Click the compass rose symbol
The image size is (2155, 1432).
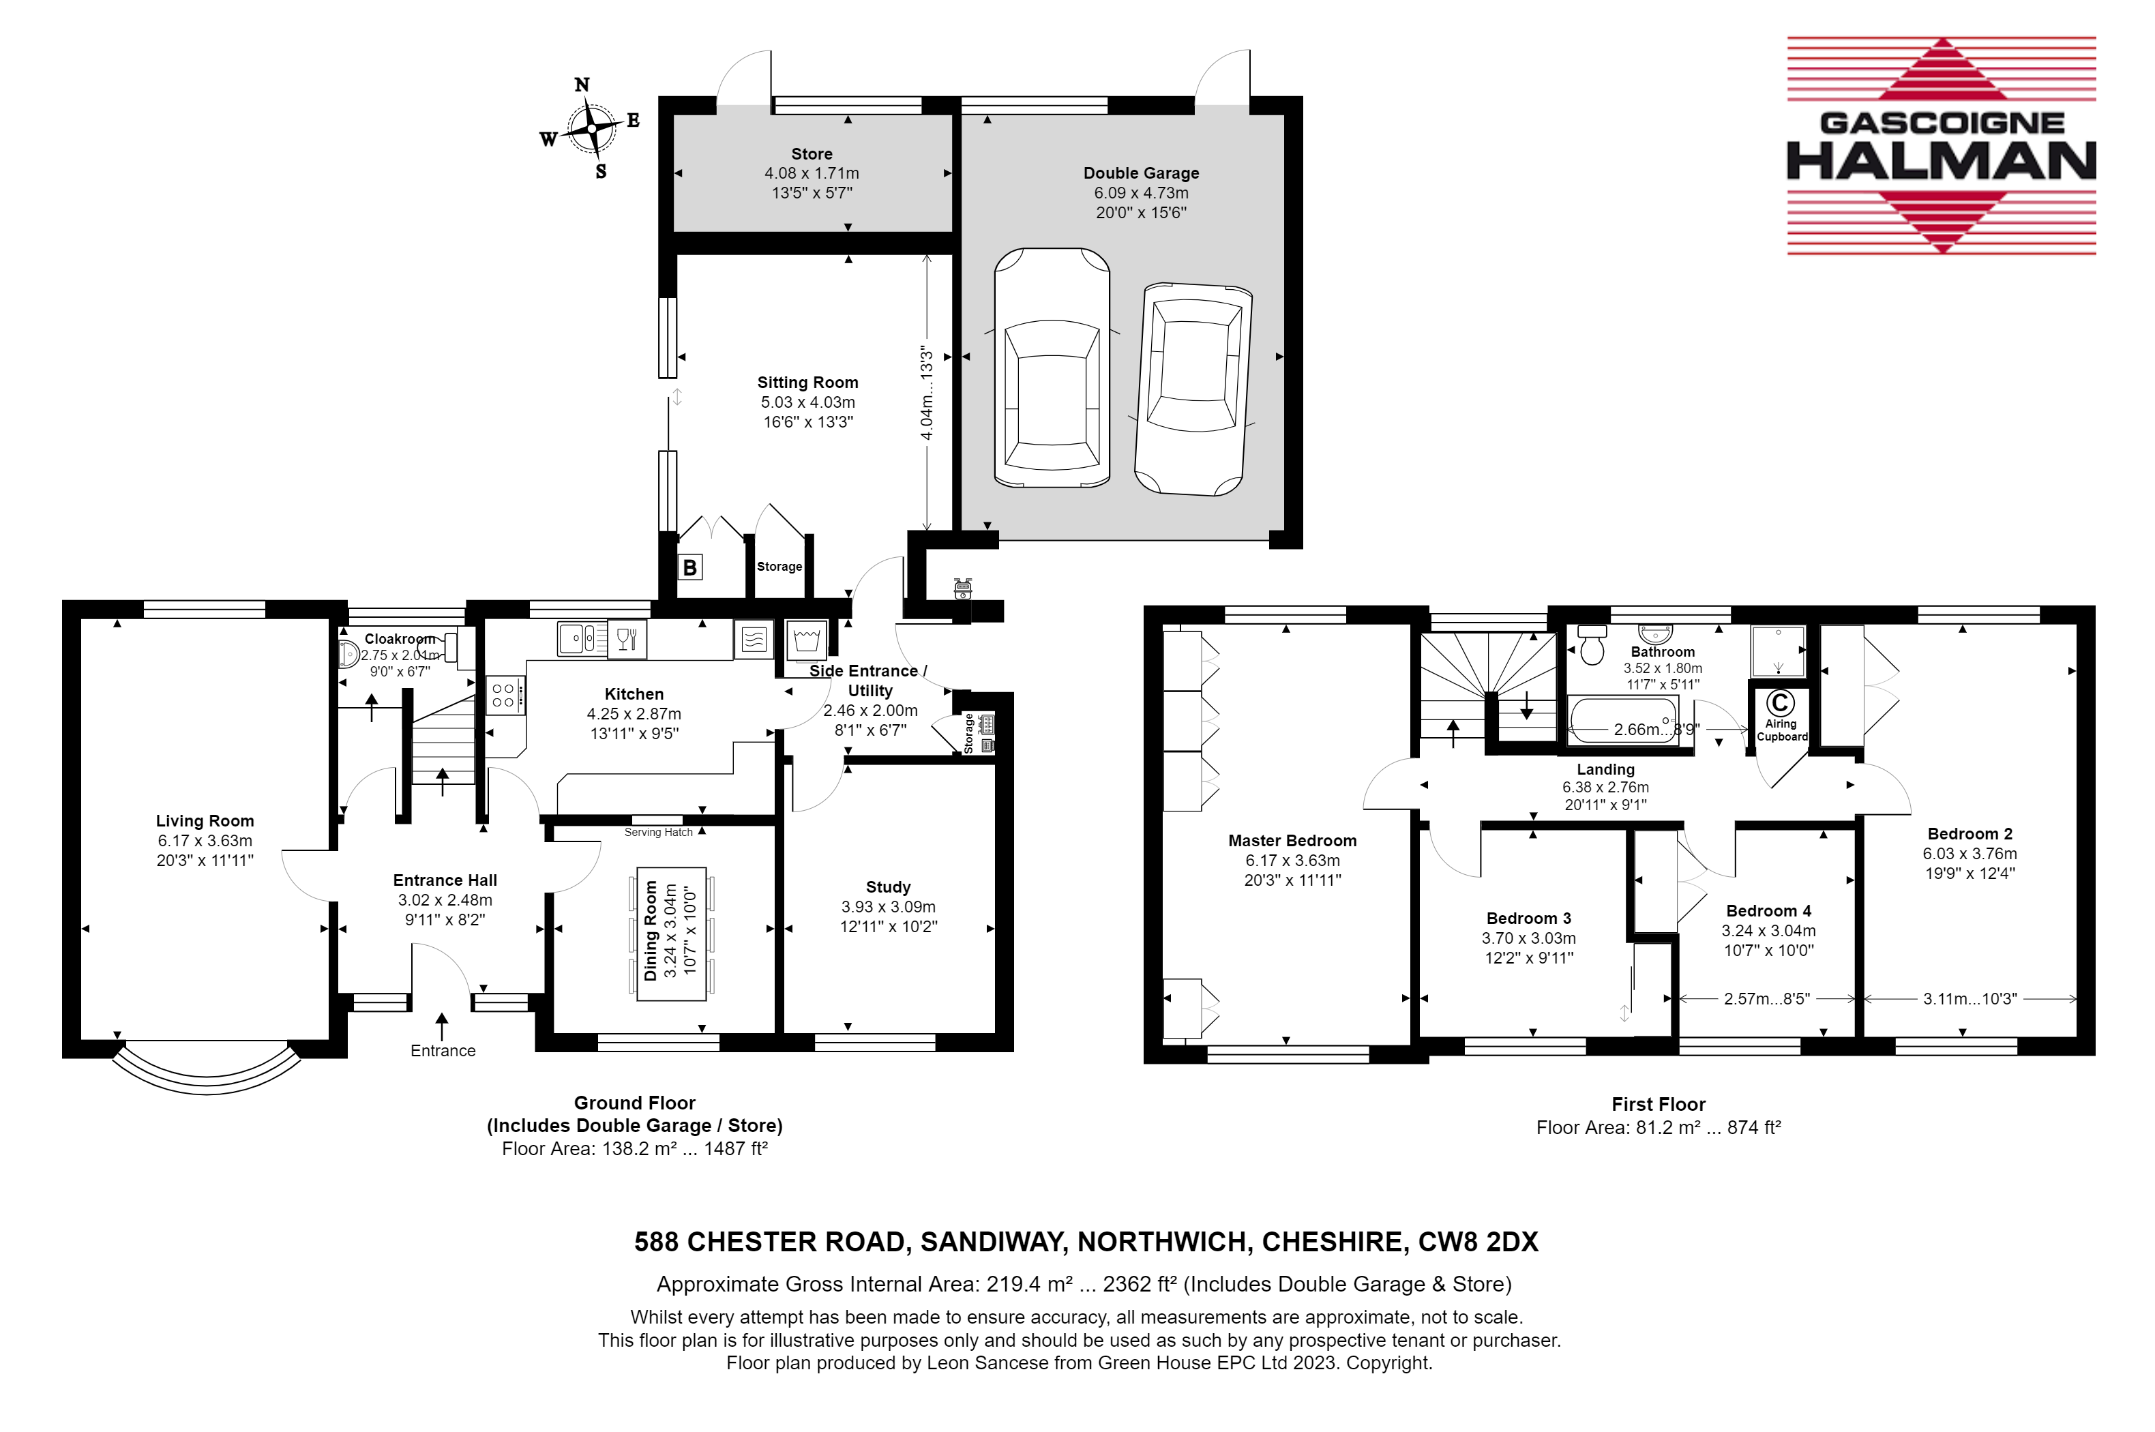591,128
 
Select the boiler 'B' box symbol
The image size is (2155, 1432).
689,567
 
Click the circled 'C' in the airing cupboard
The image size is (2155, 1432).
1780,702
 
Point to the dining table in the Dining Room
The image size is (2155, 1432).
671,934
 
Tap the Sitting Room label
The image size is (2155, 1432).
807,383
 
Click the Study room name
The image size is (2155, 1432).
887,886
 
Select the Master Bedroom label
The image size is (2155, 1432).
1292,840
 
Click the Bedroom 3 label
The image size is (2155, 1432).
1528,918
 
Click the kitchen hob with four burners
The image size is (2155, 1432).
504,695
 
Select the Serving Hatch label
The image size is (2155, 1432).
658,832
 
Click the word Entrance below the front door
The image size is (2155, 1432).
443,1050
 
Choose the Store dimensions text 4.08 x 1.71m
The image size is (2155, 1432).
811,173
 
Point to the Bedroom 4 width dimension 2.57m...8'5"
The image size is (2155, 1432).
1766,999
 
